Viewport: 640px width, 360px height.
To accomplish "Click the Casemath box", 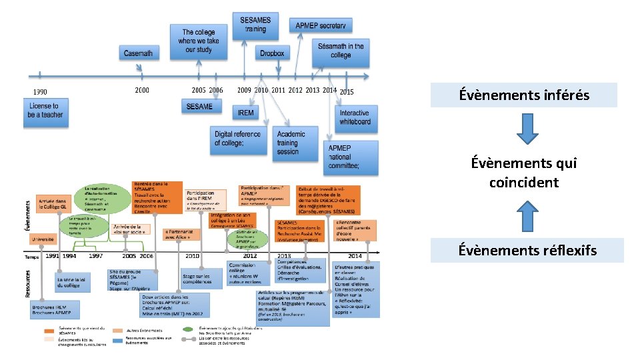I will (x=138, y=53).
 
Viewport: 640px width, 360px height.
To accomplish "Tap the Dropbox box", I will (x=271, y=53).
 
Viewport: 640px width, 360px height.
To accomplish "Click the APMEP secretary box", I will (x=321, y=25).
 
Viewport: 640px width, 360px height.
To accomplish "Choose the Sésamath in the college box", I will (x=341, y=51).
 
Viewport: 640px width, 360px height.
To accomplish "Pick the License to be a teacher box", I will (x=45, y=110).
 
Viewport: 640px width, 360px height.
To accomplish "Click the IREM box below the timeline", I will (x=246, y=113).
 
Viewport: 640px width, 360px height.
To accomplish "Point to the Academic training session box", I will (x=292, y=143).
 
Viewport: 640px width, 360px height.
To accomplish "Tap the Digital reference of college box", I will (x=238, y=138).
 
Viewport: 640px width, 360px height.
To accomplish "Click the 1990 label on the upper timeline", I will (x=39, y=92).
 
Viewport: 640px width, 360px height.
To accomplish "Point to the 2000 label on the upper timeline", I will (x=141, y=90).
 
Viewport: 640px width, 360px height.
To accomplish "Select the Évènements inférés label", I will (x=524, y=95).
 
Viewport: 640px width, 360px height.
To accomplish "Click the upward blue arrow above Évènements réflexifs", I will (x=527, y=215).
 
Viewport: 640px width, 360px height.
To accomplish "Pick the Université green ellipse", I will (x=43, y=238).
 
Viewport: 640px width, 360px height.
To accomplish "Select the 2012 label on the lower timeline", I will (x=250, y=256).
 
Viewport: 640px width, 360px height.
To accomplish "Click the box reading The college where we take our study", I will (x=199, y=41).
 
